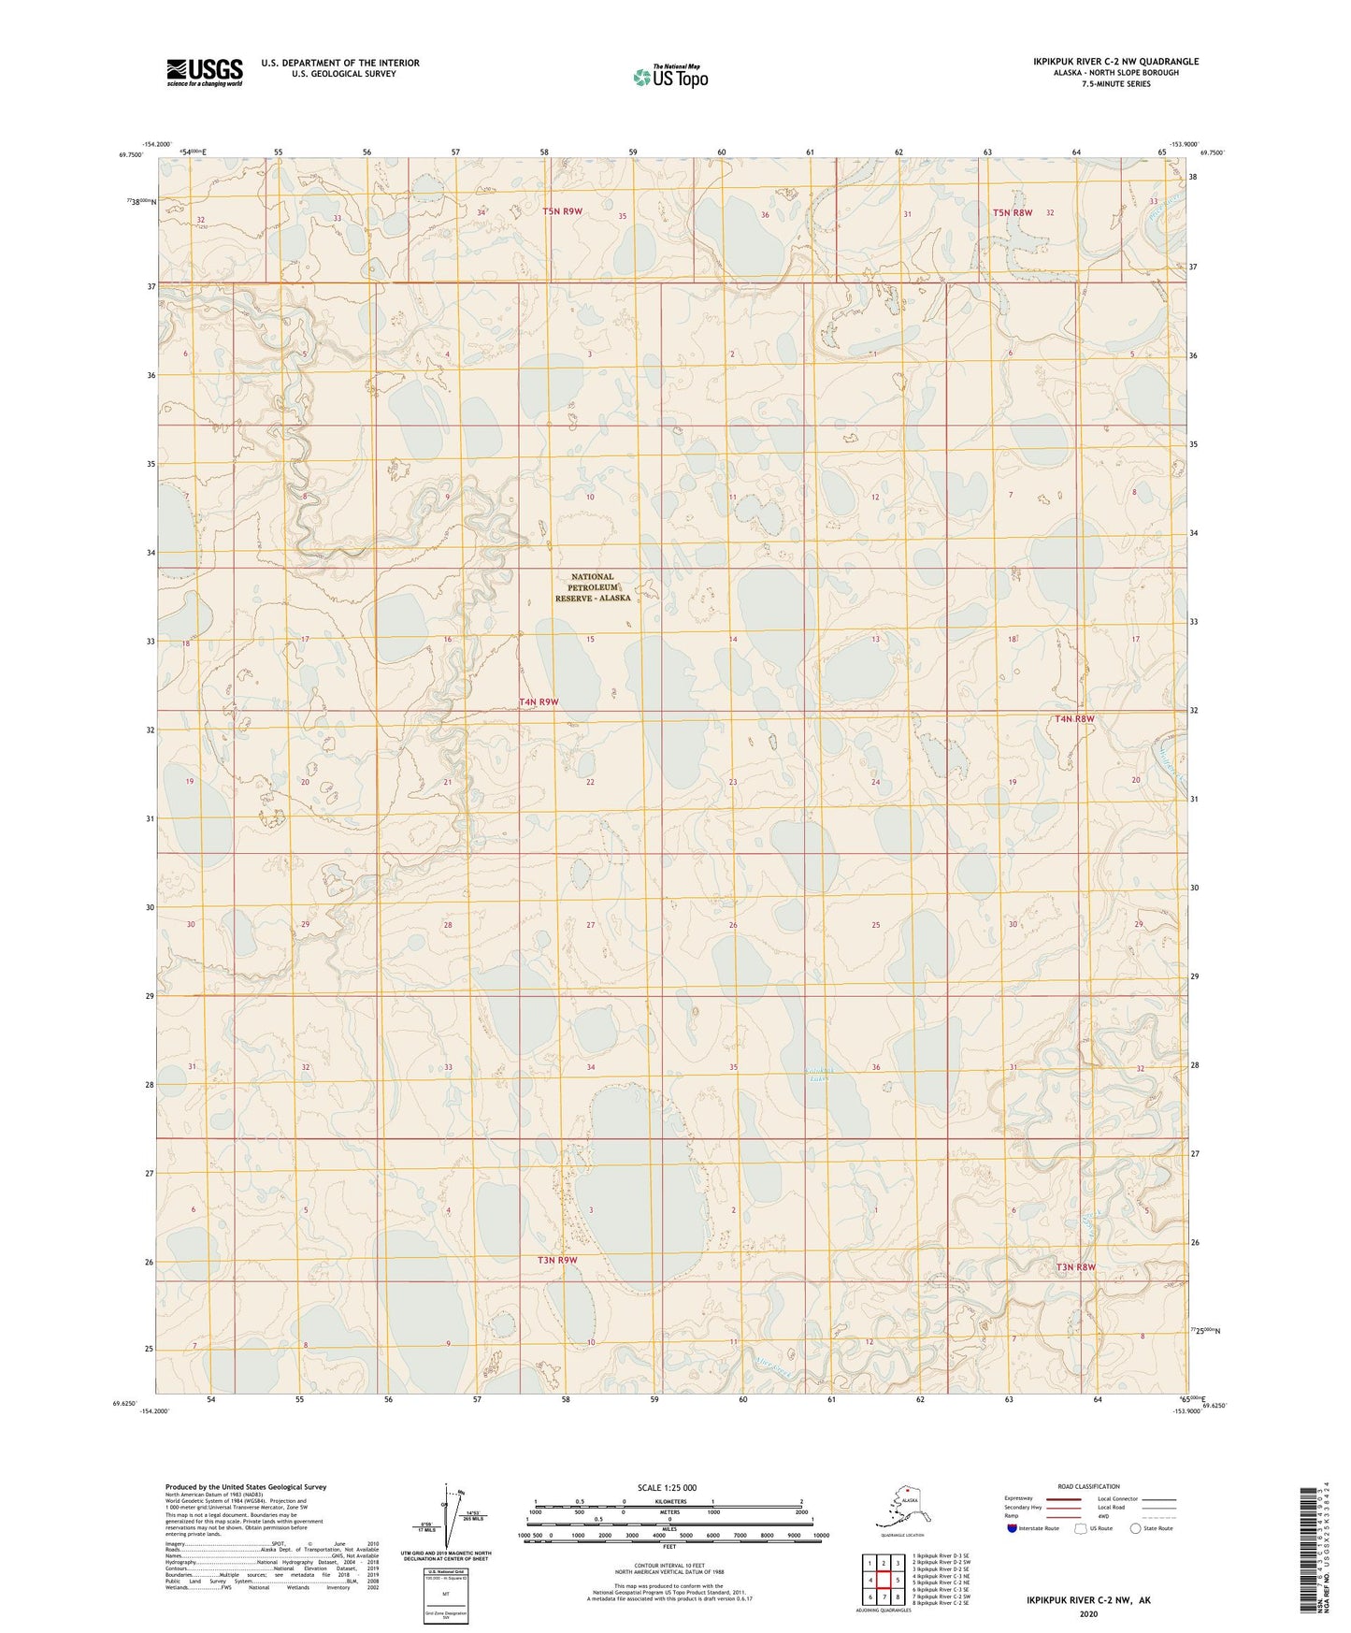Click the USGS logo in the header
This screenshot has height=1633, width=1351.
pyautogui.click(x=205, y=72)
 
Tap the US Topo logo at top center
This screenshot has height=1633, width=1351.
pyautogui.click(x=669, y=76)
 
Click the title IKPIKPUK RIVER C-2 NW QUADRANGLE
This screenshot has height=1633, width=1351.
pyautogui.click(x=1115, y=62)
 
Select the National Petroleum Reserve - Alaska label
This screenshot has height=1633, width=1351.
pyautogui.click(x=593, y=587)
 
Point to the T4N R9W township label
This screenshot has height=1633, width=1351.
pyautogui.click(x=539, y=701)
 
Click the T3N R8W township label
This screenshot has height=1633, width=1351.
pyautogui.click(x=1075, y=1267)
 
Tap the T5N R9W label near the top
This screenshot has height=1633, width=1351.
pyautogui.click(x=562, y=211)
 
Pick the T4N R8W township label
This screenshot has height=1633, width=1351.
pyautogui.click(x=1074, y=718)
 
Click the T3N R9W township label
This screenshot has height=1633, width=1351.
pyautogui.click(x=557, y=1260)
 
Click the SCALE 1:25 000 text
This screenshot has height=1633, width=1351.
pyautogui.click(x=668, y=1487)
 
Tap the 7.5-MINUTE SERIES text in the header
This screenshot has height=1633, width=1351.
pyautogui.click(x=1115, y=84)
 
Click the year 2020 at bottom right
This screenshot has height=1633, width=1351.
pyautogui.click(x=1088, y=1613)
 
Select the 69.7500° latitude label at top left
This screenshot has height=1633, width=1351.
pyautogui.click(x=131, y=155)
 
